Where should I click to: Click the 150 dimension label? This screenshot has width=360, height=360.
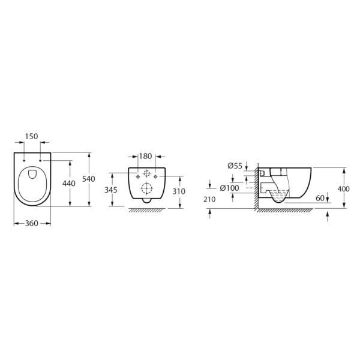click(x=32, y=137)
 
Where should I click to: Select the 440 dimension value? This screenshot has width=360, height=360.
click(x=69, y=184)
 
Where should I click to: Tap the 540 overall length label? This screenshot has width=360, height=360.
click(x=89, y=179)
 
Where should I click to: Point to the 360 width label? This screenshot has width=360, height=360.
click(x=32, y=223)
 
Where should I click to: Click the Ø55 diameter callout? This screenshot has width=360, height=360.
click(x=235, y=166)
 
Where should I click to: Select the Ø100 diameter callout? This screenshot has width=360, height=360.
click(x=230, y=188)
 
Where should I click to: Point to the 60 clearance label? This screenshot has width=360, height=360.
click(x=320, y=198)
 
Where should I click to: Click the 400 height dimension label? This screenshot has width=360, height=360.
click(x=344, y=188)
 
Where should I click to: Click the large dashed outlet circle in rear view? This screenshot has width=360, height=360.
click(x=146, y=188)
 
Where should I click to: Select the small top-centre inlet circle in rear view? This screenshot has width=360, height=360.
click(x=146, y=173)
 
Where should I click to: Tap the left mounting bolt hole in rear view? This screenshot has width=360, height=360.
click(x=137, y=177)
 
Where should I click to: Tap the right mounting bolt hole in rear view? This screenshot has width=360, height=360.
click(x=155, y=177)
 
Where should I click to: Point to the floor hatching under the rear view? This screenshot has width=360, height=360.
click(x=146, y=209)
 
